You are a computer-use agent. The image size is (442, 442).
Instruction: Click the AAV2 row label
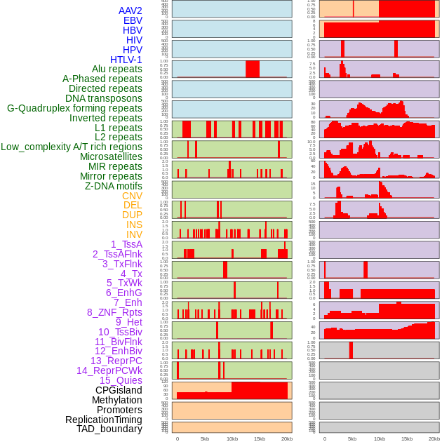pos(130,11)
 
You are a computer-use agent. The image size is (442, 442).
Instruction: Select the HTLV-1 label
pos(126,60)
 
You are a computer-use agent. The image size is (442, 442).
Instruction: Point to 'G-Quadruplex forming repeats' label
pos(74,108)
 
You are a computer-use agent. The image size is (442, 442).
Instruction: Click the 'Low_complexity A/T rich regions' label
pos(71,147)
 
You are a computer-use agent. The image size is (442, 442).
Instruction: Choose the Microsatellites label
pos(111,156)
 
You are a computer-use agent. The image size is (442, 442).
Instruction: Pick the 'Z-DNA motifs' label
pos(113,186)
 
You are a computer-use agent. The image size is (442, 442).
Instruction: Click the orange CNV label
pos(132,196)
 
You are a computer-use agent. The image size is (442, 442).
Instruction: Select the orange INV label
pos(134,234)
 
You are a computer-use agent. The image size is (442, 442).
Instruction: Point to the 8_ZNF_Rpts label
pos(114,312)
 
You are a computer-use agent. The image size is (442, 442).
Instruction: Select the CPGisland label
pos(119,390)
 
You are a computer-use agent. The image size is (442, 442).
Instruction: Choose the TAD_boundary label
pos(109,429)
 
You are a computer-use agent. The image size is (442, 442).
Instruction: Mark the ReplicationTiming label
pos(104,420)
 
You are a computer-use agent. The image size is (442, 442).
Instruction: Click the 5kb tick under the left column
pos(205,438)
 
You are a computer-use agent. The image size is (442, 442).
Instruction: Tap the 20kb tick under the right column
pos(434,438)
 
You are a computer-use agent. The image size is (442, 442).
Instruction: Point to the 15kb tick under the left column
pos(260,438)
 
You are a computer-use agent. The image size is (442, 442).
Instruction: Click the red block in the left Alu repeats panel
pos(252,69)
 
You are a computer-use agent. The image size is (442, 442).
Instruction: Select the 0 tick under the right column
pos(324,438)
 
